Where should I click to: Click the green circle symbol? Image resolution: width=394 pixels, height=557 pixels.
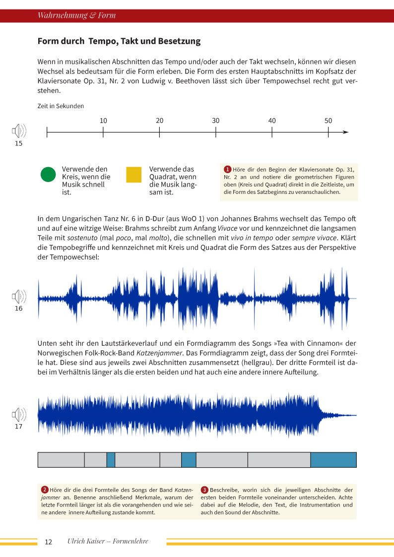(x=48, y=175)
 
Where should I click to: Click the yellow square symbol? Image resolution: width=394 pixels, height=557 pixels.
(x=134, y=175)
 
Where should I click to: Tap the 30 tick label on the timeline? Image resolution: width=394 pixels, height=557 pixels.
(x=216, y=121)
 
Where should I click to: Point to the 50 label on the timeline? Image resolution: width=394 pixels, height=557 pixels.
(x=328, y=121)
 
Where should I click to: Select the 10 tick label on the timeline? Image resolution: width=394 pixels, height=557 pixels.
(x=103, y=121)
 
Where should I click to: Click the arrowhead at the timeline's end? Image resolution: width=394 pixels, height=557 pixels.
(x=346, y=132)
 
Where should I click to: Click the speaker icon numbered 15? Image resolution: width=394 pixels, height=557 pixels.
(x=18, y=131)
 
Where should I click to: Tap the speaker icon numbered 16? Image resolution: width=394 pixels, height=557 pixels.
(x=18, y=297)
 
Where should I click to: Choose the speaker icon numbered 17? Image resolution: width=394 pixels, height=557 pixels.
(x=18, y=414)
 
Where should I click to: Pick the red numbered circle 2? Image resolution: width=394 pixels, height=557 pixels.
(x=45, y=490)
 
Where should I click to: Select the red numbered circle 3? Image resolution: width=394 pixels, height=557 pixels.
(x=204, y=490)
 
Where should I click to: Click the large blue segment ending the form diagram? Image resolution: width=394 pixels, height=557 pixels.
(x=333, y=460)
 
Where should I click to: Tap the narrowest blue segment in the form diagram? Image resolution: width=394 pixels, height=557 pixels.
(x=111, y=460)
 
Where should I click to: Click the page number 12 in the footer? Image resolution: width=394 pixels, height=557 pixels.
(x=48, y=542)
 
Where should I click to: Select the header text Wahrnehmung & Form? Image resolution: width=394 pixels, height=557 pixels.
(x=76, y=15)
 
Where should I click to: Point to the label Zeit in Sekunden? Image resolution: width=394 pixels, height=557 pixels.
(x=61, y=106)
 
